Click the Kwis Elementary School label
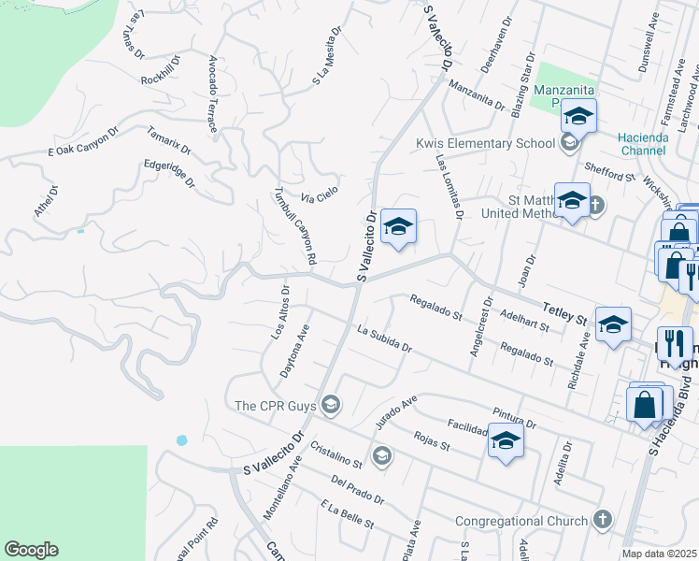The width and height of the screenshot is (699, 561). pos(485,143)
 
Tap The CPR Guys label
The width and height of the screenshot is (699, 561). pos(277,406)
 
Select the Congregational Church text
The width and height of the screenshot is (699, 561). pos(521,521)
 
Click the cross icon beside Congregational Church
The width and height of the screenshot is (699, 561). pos(603,520)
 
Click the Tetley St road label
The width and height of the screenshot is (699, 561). pos(563,313)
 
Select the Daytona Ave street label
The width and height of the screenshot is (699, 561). pos(293,352)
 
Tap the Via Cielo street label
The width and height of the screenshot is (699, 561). pos(319,195)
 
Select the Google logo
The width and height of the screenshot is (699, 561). pos(31,550)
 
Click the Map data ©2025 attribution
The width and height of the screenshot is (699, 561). pos(658,554)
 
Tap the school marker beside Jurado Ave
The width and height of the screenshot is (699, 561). pos(505,441)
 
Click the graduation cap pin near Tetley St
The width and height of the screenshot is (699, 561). pos(613,324)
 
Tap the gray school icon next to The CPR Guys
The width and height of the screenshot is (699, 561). pos(329,405)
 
